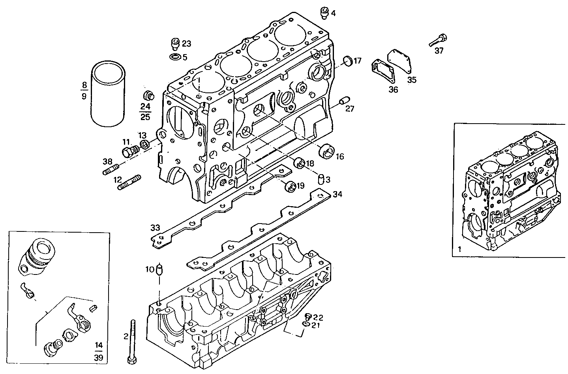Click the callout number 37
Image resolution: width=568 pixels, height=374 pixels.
(x=439, y=51)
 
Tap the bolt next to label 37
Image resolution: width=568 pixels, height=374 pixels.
(x=438, y=40)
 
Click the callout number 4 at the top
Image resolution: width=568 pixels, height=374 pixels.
(x=333, y=13)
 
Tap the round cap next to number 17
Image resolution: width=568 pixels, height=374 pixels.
(x=347, y=61)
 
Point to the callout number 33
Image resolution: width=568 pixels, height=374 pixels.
(x=155, y=227)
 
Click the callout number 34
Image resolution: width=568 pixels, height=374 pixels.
(x=337, y=194)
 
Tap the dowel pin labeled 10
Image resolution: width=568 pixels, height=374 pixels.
(x=159, y=270)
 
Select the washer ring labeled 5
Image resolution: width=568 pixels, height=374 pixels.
(x=175, y=58)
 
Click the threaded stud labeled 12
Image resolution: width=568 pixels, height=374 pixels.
(x=129, y=182)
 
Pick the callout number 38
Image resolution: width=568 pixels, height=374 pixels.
(x=108, y=161)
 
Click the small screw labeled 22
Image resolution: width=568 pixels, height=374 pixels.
(x=309, y=316)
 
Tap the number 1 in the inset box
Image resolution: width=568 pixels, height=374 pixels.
(x=459, y=249)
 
